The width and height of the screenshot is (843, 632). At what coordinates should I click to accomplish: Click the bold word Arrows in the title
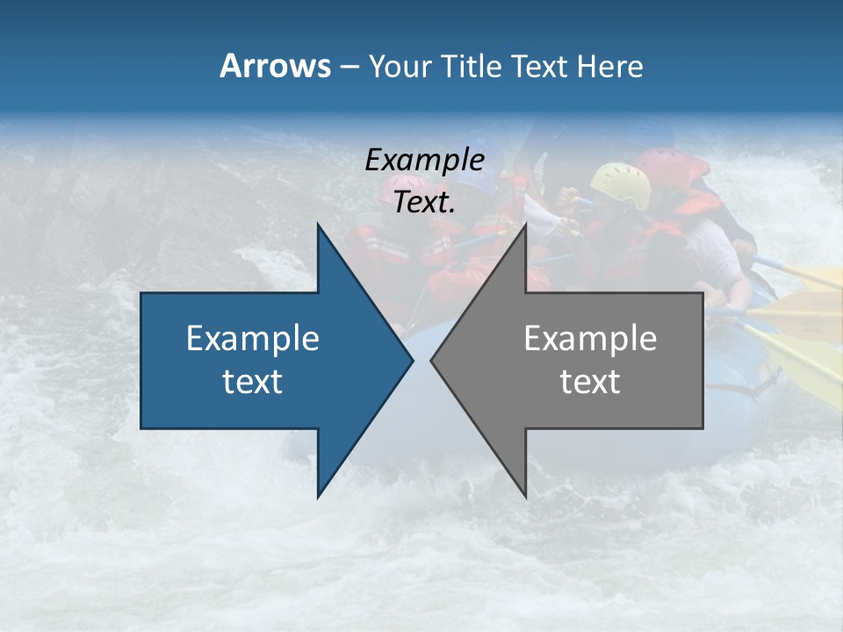tap(274, 66)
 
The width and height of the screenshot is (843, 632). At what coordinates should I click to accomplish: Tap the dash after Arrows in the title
tap(349, 67)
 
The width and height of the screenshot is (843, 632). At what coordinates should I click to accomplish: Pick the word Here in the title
tap(610, 66)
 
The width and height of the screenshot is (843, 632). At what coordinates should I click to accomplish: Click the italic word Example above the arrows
tap(425, 160)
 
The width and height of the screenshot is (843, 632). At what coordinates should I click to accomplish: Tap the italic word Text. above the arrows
tap(425, 202)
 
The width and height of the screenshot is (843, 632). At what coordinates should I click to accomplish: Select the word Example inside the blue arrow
tap(253, 338)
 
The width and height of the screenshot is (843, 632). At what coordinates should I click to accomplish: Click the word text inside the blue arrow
tap(253, 381)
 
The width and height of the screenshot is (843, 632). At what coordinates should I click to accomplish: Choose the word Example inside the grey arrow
tap(590, 338)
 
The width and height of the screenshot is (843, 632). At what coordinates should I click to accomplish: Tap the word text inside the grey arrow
tap(590, 381)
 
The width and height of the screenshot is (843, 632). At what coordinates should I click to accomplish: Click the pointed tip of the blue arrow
tap(412, 360)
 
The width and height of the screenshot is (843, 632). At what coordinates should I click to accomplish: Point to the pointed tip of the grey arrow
tap(431, 360)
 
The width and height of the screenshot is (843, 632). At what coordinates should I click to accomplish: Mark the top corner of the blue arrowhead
tap(318, 224)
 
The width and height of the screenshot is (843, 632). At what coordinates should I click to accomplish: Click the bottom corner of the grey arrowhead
tap(526, 497)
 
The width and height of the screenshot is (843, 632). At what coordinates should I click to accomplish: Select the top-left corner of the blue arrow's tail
tap(141, 293)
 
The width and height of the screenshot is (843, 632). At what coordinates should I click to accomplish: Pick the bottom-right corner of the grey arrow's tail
tap(702, 427)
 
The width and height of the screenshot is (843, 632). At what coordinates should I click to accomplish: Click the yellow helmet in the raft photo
tap(620, 183)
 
